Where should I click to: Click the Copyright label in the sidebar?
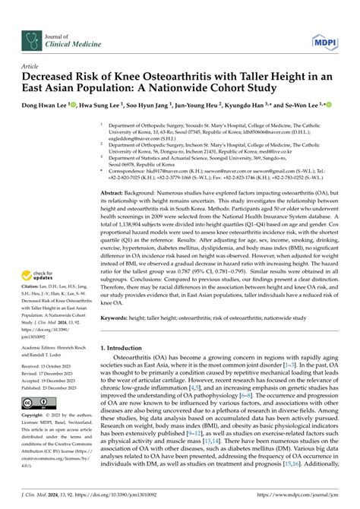(x=37, y=417)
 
